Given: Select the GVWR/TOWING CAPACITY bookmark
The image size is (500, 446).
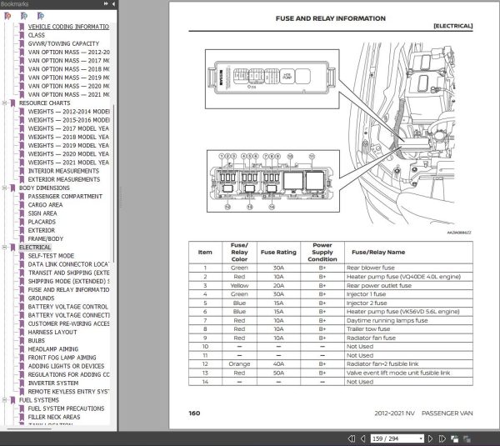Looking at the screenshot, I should pyautogui.click(x=63, y=43).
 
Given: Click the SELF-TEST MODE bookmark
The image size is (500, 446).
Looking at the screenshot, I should pyautogui.click(x=51, y=256).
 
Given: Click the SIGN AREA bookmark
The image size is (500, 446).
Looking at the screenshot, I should pyautogui.click(x=44, y=213).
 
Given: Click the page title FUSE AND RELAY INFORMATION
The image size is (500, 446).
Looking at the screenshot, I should pyautogui.click(x=331, y=18).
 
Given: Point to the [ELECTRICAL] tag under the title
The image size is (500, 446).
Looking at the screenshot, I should pyautogui.click(x=452, y=27).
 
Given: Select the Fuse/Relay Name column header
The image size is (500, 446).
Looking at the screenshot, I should pyautogui.click(x=377, y=251).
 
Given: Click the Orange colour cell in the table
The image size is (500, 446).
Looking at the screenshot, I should pyautogui.click(x=239, y=363).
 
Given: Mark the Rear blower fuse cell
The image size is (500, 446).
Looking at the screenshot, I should pyautogui.click(x=371, y=268).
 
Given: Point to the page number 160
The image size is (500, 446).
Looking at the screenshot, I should pyautogui.click(x=194, y=413).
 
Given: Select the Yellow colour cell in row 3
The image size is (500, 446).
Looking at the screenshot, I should pyautogui.click(x=239, y=285).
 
